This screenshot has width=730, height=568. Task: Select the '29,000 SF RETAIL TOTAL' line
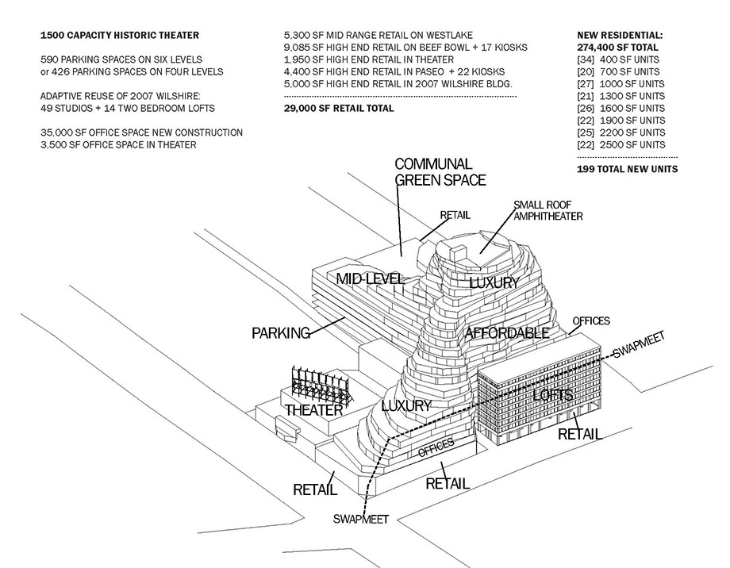(339, 108)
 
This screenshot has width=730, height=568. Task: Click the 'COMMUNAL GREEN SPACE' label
(440, 171)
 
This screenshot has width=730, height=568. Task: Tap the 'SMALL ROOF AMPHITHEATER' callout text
(548, 209)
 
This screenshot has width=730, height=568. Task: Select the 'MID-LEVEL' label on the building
(371, 278)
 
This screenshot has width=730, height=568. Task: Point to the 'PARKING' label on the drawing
(281, 333)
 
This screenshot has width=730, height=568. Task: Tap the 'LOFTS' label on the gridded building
(553, 394)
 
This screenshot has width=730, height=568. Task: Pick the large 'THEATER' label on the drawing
(313, 410)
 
